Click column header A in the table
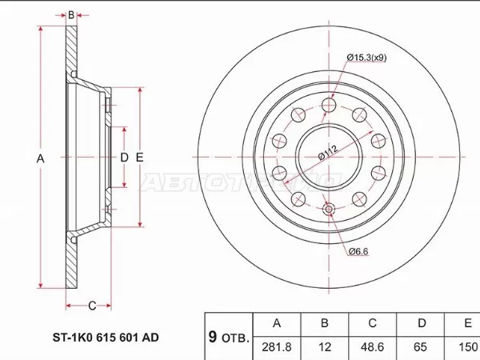277,323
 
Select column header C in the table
373,323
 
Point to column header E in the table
466,323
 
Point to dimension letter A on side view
40,158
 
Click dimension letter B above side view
71,14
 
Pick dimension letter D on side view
124,158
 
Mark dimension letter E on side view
139,158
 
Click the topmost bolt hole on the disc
328,106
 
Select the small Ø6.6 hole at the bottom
328,210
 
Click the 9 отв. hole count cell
229,336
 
